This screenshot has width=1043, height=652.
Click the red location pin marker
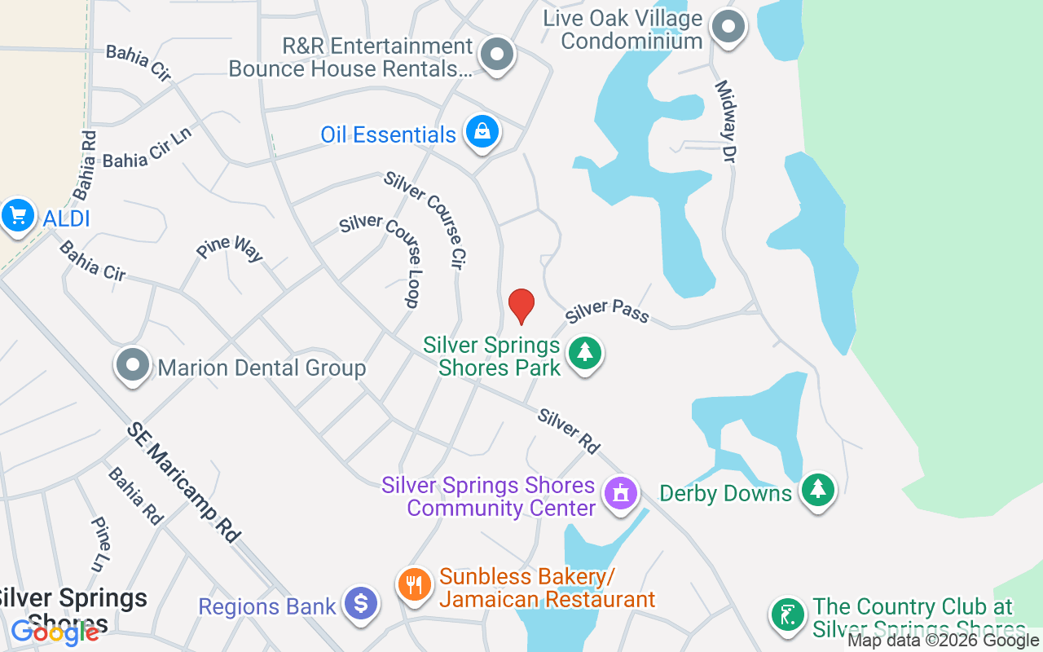pyautogui.click(x=521, y=306)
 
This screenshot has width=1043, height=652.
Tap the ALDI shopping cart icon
pyautogui.click(x=18, y=216)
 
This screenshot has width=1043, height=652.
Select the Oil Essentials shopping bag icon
pyautogui.click(x=482, y=131)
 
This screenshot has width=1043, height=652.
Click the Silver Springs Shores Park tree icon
pyautogui.click(x=584, y=353)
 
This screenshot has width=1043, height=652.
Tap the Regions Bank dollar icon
pyautogui.click(x=360, y=604)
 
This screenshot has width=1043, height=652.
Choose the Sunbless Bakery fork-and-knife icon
pyautogui.click(x=415, y=584)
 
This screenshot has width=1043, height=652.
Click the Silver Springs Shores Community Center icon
pyautogui.click(x=620, y=493)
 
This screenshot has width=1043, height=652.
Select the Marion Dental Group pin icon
pyautogui.click(x=133, y=366)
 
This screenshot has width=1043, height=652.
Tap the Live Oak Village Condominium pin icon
pyautogui.click(x=728, y=27)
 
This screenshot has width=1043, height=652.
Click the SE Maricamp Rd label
pyautogui.click(x=184, y=482)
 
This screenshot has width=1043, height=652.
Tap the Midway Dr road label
pyautogui.click(x=725, y=121)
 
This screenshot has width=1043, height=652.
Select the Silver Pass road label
pyautogui.click(x=607, y=311)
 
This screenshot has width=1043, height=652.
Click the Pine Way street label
pyautogui.click(x=231, y=249)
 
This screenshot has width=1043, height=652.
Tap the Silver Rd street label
pyautogui.click(x=569, y=431)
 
